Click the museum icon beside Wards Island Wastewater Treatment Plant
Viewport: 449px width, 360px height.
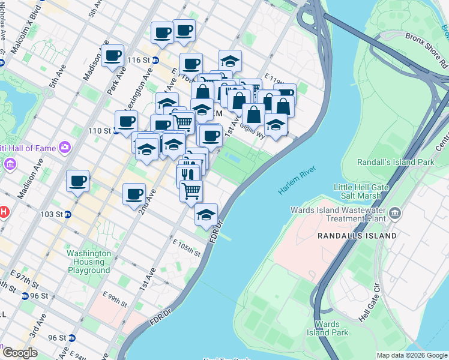point(396,213)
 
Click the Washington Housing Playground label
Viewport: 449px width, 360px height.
point(88,262)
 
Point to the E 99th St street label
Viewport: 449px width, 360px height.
point(115,300)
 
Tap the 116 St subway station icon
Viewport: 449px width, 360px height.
point(155,60)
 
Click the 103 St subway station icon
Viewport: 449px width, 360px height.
point(68,214)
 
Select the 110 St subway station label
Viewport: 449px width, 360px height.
point(100,130)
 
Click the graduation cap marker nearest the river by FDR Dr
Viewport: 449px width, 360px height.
point(206,214)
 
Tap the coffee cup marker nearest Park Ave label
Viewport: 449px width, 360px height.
point(112,56)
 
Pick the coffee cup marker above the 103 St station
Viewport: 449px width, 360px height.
point(77,181)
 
